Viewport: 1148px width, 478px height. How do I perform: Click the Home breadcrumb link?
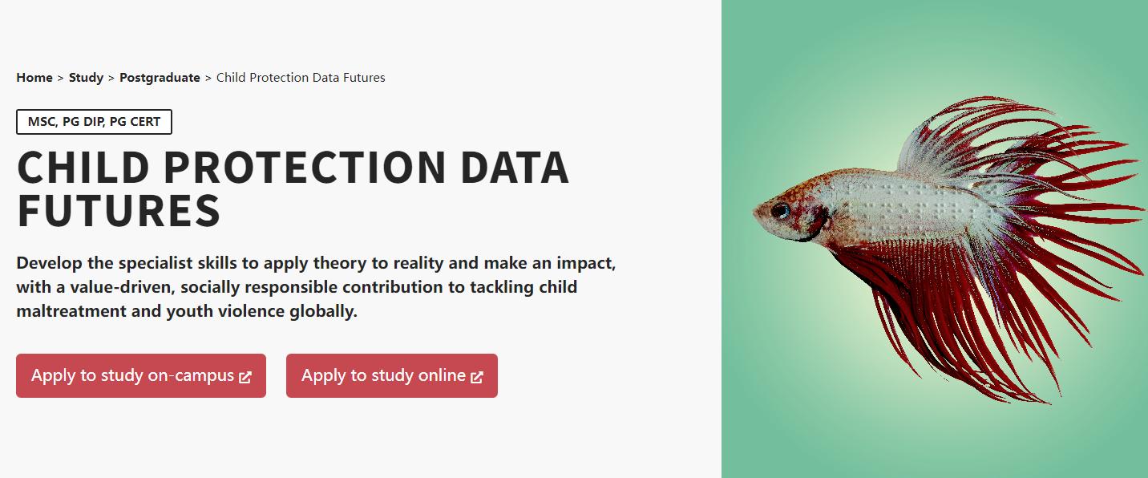click(34, 78)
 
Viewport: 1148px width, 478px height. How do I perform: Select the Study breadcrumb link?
click(86, 78)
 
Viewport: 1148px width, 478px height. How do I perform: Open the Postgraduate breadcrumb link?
click(160, 78)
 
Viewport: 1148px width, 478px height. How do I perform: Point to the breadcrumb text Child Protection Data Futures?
click(301, 78)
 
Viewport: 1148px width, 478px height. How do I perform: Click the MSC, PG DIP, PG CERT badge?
click(95, 122)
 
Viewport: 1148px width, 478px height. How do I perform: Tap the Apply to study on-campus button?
click(141, 375)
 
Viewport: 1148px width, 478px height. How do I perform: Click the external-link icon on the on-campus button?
click(245, 377)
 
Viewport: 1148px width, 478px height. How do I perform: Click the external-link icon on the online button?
click(477, 377)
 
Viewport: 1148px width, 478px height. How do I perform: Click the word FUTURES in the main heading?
click(119, 210)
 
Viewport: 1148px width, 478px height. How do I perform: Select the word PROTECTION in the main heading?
click(305, 167)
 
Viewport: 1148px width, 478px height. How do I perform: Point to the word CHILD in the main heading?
click(83, 167)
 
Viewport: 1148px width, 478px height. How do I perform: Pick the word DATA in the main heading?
click(515, 167)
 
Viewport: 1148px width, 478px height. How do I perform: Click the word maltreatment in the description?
click(71, 311)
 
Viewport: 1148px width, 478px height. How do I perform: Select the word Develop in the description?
click(49, 264)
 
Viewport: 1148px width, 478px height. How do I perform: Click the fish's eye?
click(781, 210)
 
